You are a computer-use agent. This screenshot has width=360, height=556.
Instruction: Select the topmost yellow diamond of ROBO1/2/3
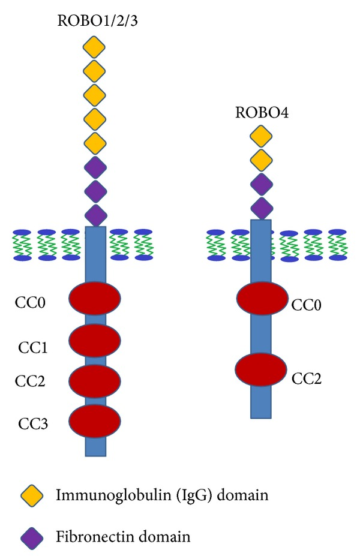[x=95, y=46]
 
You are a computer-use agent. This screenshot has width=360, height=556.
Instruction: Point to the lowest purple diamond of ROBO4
[x=260, y=208]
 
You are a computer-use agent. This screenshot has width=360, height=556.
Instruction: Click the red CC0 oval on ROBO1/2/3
[x=95, y=299]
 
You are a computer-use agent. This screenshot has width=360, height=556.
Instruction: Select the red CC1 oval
[x=95, y=340]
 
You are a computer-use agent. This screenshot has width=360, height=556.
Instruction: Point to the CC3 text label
[x=32, y=424]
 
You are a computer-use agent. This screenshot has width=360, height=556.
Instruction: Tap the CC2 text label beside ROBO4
[x=306, y=378]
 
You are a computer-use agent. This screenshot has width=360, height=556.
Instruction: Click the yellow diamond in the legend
[x=31, y=495]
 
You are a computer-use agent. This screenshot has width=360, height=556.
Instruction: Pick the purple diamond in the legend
[x=31, y=534]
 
